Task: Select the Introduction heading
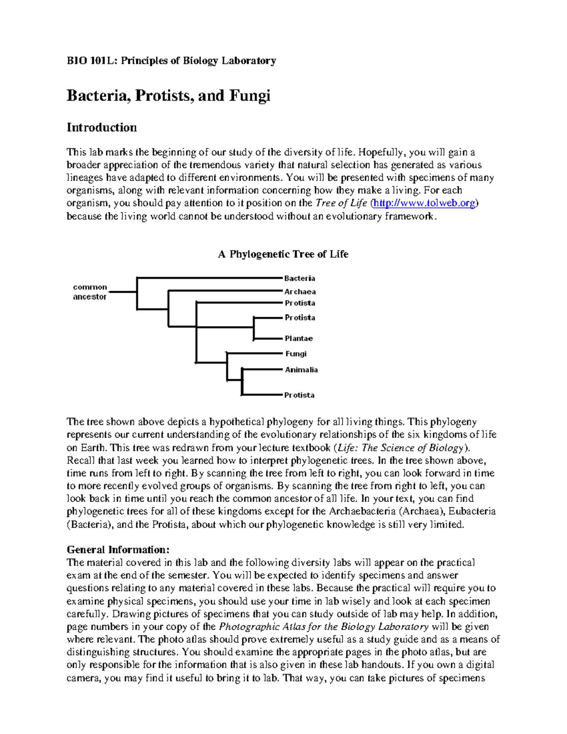102,128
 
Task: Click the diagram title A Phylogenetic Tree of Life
283,254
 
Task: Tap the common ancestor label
90,292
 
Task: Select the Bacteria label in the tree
299,278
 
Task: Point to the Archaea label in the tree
300,292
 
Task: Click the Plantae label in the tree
299,338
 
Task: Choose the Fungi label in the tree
296,354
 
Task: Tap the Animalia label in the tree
301,370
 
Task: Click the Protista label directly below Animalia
299,395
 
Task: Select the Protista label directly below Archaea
300,303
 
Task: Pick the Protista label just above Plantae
300,318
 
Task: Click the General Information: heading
118,550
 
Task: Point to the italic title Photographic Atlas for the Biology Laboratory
324,627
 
